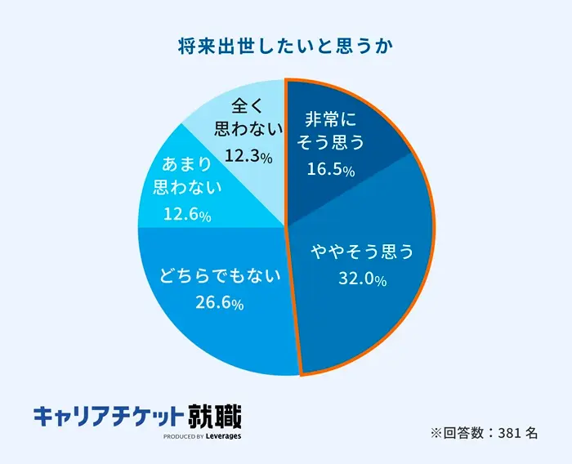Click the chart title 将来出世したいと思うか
(286, 45)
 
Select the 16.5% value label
(330, 170)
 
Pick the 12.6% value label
(187, 216)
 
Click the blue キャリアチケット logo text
(107, 417)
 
